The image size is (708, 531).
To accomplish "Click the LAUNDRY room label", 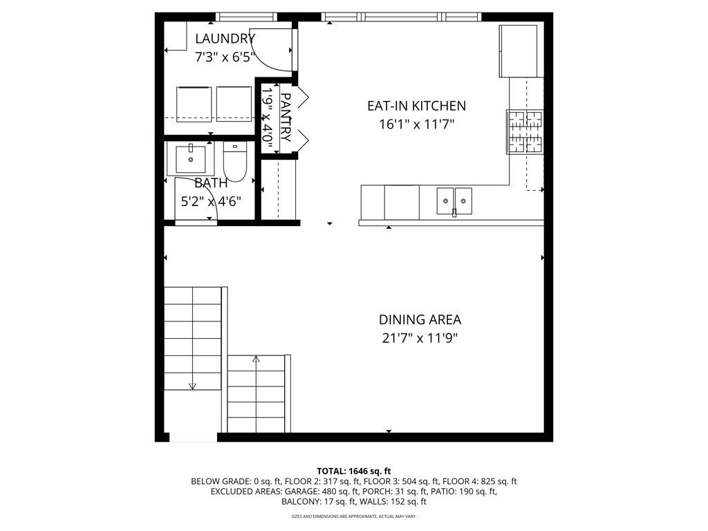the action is coord(225,39).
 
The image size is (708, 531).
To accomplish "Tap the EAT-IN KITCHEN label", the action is coord(416,106).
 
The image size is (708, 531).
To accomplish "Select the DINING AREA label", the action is coord(420,319).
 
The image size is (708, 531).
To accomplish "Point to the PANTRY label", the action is coord(286,118).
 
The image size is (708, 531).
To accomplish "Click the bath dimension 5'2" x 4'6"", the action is coord(211,201).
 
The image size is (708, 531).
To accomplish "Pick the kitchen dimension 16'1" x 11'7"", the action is coord(416,124).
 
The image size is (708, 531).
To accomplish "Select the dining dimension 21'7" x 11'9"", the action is coord(420,338).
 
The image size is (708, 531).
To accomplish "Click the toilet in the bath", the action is coord(235,162).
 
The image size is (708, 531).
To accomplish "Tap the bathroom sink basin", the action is coord(191,159).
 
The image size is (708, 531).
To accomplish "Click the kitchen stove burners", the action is coord(525,132).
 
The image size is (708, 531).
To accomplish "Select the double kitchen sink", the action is coord(454,201).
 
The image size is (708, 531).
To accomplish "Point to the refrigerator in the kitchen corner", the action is coord(518,51).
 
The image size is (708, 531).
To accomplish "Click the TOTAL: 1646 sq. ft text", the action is coord(353,472).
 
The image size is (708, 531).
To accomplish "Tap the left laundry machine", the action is coord(194,104).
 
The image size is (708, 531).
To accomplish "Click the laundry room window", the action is coord(246,17).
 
